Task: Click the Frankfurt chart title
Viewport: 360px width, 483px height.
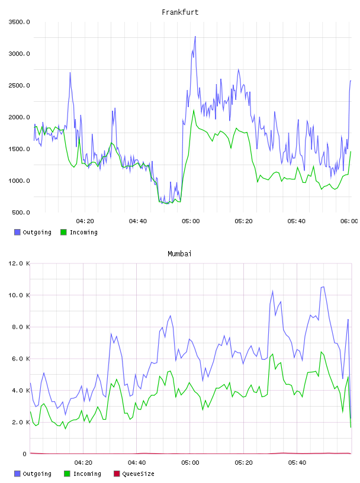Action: pos(180,12)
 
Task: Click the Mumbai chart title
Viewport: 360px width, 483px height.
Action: pos(179,254)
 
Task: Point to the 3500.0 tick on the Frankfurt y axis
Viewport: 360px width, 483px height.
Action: pos(19,22)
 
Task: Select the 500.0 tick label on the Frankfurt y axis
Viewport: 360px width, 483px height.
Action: pos(21,212)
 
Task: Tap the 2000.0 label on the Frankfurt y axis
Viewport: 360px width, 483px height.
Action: pos(19,117)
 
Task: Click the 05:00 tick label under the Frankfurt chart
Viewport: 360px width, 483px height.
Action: pos(191,221)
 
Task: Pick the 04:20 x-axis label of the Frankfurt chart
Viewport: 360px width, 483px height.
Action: pos(85,221)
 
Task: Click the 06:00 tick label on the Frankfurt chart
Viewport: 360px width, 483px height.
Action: pos(349,221)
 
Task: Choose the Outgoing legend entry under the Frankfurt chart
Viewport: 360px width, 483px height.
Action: pos(33,232)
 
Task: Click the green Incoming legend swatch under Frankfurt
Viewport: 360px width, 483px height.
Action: pos(63,232)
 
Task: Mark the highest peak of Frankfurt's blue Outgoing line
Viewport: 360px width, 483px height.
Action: pos(195,36)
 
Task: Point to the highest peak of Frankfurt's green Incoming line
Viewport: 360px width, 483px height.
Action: pos(194,110)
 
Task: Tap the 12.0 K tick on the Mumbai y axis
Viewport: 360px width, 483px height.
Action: pos(19,263)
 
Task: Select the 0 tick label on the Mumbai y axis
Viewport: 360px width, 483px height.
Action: pos(24,454)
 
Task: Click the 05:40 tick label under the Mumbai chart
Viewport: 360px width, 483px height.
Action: pos(297,463)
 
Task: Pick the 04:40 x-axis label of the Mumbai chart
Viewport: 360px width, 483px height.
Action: pos(137,463)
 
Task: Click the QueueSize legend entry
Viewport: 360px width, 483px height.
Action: pos(134,474)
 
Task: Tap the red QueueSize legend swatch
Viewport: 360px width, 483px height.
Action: pos(117,474)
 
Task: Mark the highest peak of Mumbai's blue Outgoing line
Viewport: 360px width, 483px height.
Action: pos(323,286)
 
